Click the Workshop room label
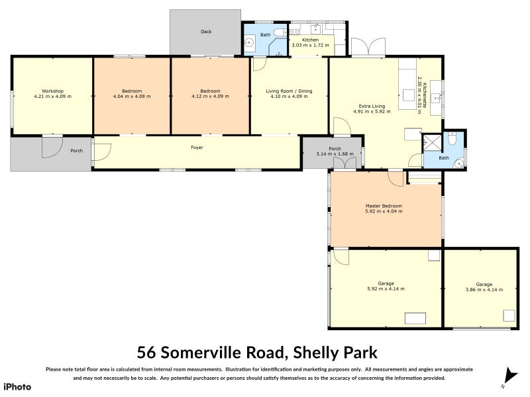[52, 91]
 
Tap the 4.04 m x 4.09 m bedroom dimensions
[132, 97]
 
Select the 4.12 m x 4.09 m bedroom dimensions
[211, 97]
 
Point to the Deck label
[206, 31]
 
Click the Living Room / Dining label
[289, 91]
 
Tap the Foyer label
[197, 148]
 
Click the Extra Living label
[372, 106]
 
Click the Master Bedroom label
[384, 206]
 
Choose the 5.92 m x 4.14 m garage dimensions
[386, 289]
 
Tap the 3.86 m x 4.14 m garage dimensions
[484, 289]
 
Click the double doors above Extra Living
[368, 47]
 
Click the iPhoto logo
[17, 386]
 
